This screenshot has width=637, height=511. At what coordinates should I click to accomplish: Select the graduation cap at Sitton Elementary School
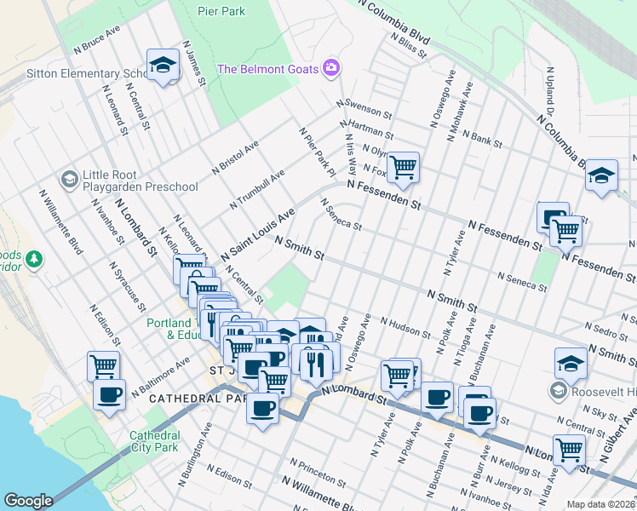point(161,65)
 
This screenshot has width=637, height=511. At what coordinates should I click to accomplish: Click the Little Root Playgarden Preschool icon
point(69,179)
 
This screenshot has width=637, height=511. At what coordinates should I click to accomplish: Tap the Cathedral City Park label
point(154,440)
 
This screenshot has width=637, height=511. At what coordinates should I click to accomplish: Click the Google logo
point(28,501)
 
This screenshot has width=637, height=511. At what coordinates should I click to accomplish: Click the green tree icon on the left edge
point(33,258)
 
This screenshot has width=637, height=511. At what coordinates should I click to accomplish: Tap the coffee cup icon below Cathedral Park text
point(261,408)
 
